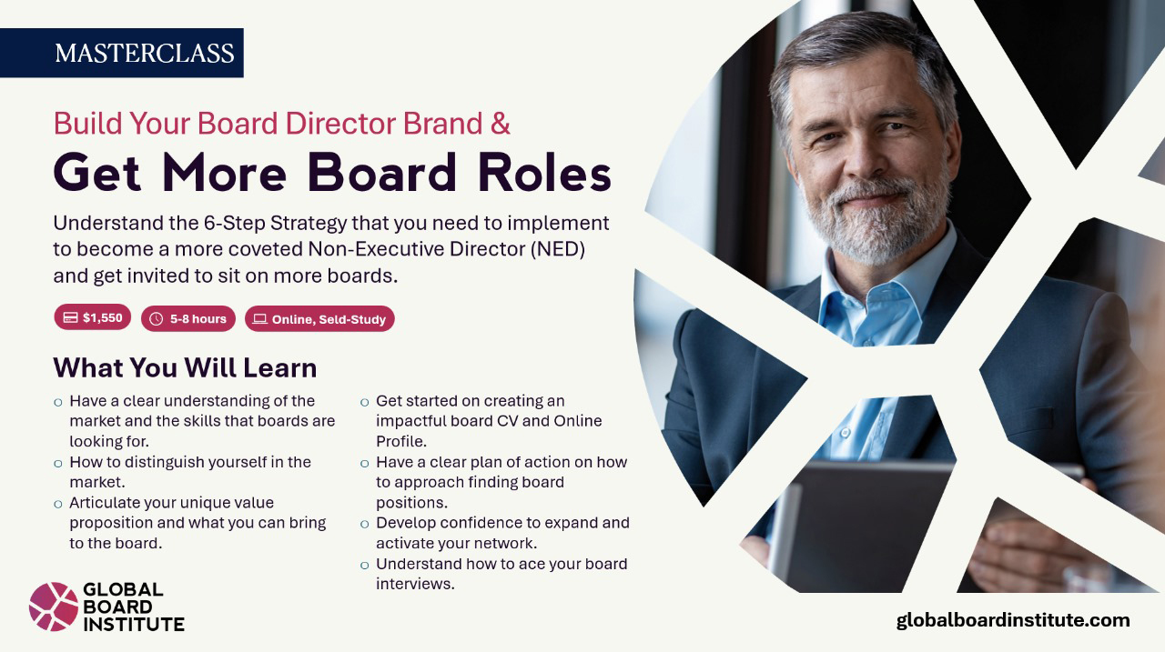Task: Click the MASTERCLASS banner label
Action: [x=144, y=53]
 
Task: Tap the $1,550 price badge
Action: [x=93, y=317]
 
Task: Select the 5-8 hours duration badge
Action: [x=188, y=318]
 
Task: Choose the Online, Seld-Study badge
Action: [x=319, y=319]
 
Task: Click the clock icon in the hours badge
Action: [x=156, y=319]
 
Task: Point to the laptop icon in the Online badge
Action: [x=259, y=319]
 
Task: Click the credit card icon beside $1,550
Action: [x=70, y=317]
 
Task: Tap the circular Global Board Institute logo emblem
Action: [x=54, y=607]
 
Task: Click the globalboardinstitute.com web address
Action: [x=1013, y=620]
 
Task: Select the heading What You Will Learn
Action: [x=185, y=367]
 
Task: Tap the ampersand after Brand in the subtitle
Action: [x=500, y=123]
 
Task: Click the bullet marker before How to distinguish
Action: [x=58, y=463]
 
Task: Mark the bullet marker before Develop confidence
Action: [x=365, y=524]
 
